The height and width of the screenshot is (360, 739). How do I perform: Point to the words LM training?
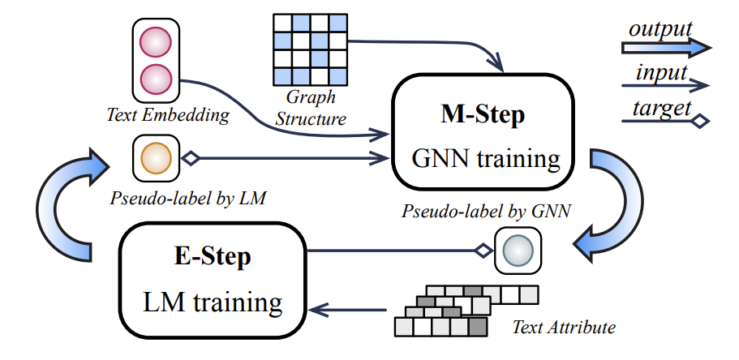[213, 302]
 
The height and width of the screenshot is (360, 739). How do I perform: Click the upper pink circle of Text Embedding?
[155, 41]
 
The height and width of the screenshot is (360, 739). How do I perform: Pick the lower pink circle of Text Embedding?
[155, 79]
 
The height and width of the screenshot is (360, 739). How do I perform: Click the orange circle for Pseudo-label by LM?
[155, 157]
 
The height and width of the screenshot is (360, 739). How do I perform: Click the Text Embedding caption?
[168, 114]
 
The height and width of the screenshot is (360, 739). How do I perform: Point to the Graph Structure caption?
[310, 110]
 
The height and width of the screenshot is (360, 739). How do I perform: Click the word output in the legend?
[660, 29]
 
